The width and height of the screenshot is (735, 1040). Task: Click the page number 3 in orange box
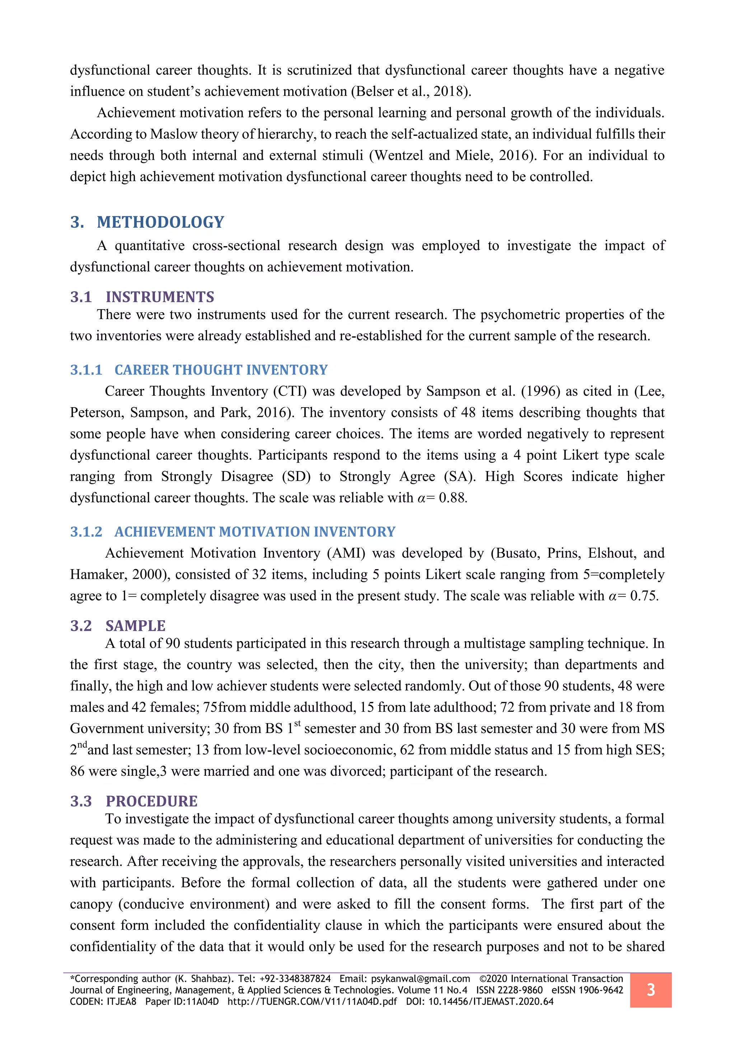tap(650, 990)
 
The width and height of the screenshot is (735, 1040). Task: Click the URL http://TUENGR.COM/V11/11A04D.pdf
tap(312, 1002)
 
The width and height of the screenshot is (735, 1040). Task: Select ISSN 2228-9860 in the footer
tap(509, 990)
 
